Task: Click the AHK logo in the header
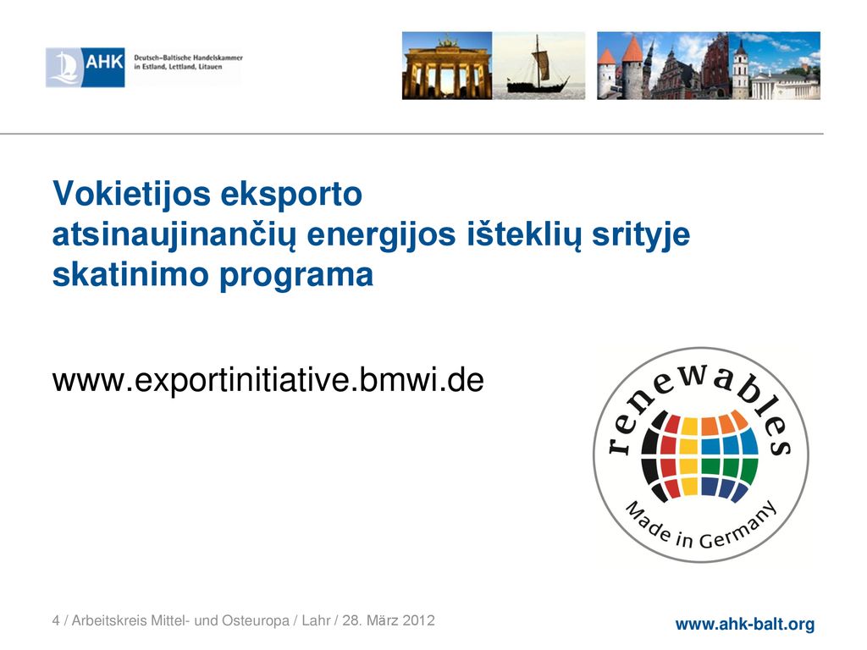coord(86,68)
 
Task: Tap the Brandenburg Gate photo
coord(447,65)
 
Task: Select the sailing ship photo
coord(538,65)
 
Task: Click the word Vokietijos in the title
coord(131,195)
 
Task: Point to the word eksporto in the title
coord(291,195)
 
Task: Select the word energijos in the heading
coord(381,235)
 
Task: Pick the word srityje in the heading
coord(641,235)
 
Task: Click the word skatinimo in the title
coord(131,275)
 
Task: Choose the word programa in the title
coord(296,276)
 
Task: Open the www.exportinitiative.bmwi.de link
coord(268,380)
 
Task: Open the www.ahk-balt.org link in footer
coord(745,625)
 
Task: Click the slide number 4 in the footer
coord(56,620)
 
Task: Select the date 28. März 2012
coord(389,620)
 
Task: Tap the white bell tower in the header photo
coord(740,69)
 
